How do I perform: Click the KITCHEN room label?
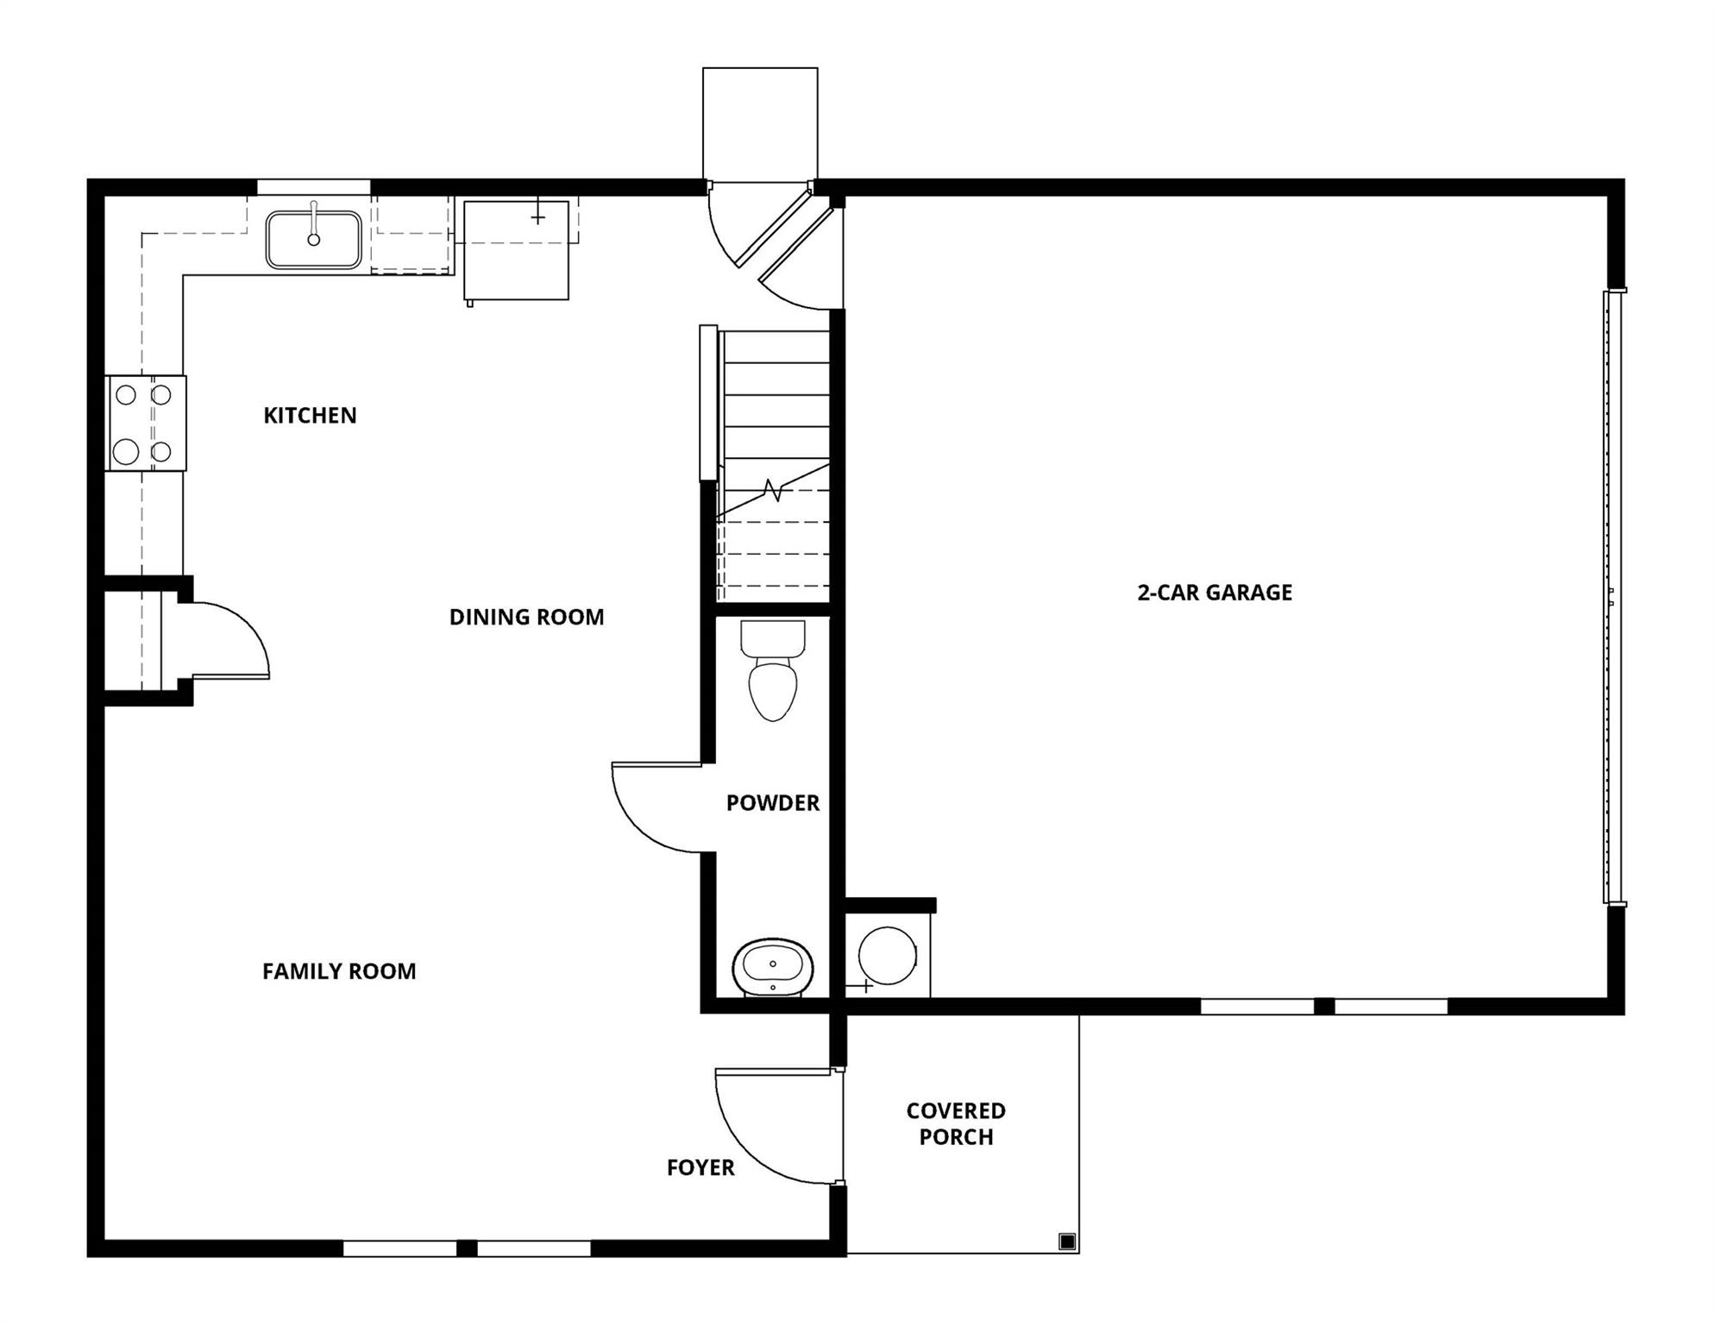310,416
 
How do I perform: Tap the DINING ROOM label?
526,618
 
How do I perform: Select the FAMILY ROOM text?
339,972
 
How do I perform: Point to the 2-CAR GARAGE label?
1215,593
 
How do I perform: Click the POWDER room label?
772,803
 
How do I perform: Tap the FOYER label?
700,1168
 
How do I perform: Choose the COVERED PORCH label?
956,1124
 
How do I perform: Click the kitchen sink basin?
313,240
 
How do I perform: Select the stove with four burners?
145,424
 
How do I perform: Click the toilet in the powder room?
773,677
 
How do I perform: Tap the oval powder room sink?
773,968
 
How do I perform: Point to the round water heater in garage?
888,956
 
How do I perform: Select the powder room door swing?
651,811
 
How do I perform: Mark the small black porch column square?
1067,1242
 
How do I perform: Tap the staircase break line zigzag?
774,491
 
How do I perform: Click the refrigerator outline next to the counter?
516,251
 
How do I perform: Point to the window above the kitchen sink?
313,187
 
